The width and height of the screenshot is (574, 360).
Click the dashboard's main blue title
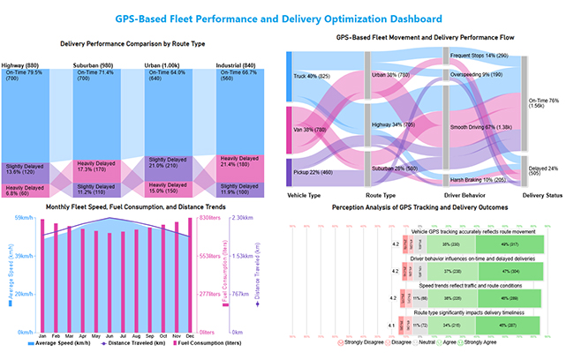pyautogui.click(x=287, y=18)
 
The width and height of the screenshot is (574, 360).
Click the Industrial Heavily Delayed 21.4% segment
pyautogui.click(x=240, y=165)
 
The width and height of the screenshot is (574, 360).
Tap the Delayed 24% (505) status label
pyautogui.click(x=542, y=170)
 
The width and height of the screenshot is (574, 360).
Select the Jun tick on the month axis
pyautogui.click(x=108, y=337)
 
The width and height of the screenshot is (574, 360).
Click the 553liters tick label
pyautogui.click(x=208, y=255)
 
